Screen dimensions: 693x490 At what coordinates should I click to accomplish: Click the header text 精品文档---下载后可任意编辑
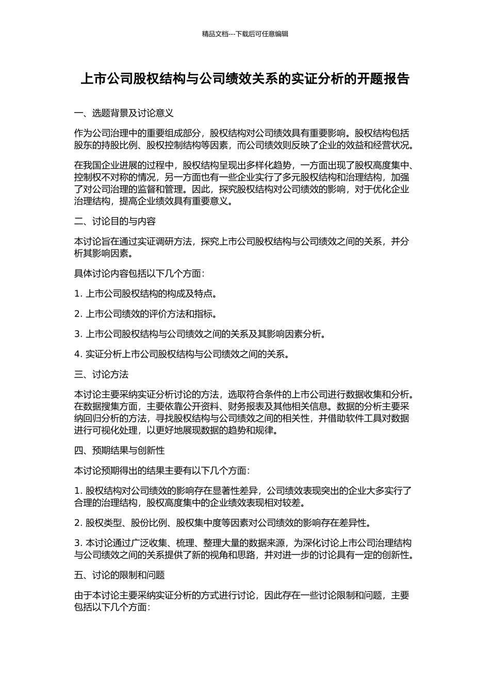tap(245, 34)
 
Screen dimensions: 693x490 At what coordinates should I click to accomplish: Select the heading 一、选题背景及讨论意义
tap(124, 113)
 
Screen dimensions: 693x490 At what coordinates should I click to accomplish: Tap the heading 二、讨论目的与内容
tap(115, 221)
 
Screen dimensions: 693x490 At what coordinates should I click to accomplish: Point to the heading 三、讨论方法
tap(101, 374)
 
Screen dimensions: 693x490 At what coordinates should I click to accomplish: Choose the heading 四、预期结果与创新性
tap(119, 450)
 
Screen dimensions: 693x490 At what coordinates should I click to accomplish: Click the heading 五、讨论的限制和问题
tap(119, 575)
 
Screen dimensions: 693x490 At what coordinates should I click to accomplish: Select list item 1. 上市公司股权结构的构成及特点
tap(145, 294)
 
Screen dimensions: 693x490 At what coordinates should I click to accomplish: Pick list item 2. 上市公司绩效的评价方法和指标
tap(145, 314)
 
